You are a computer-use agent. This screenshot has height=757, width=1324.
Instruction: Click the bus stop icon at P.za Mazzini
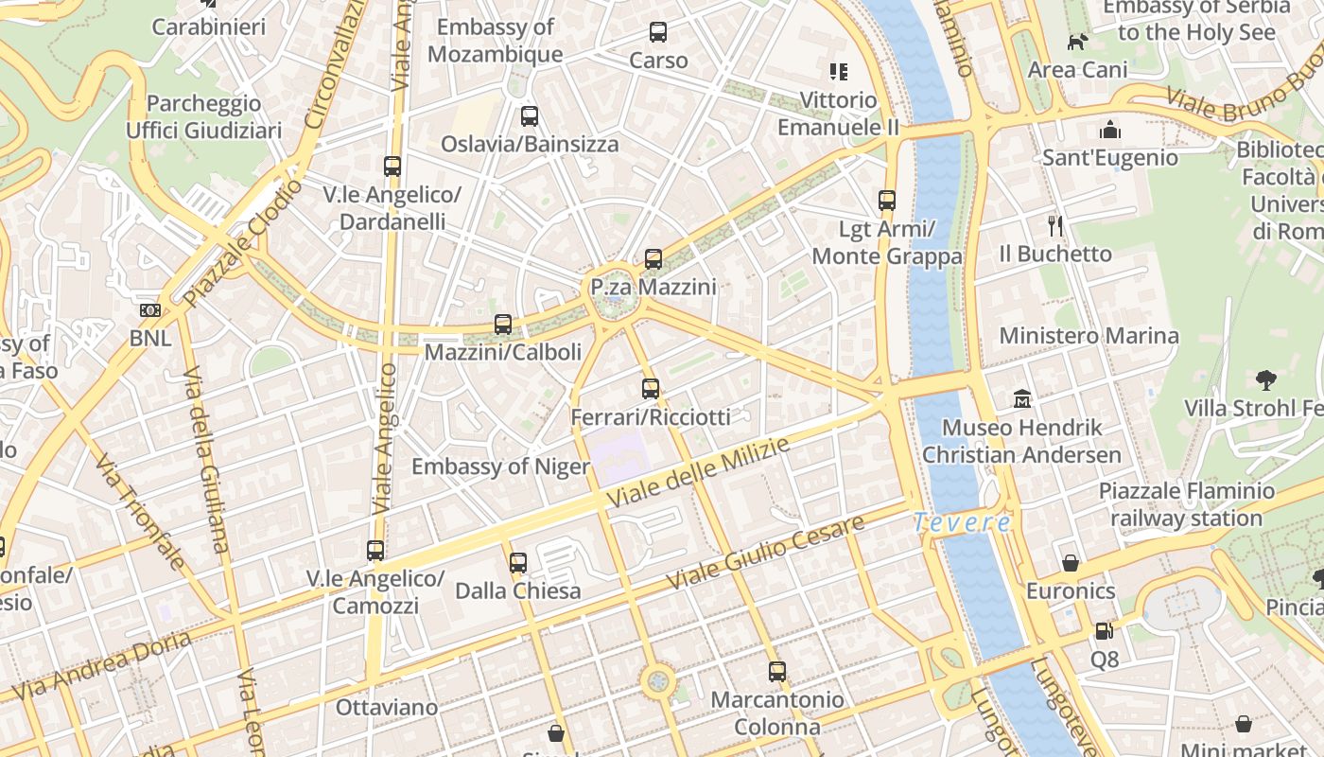coord(653,258)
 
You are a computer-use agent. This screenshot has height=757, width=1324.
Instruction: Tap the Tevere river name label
coord(962,522)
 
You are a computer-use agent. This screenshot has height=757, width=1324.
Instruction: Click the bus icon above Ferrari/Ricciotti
coord(651,388)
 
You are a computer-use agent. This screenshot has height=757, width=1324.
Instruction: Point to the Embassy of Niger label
coord(500,467)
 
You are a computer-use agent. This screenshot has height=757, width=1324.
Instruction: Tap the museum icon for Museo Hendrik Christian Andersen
coord(1022,399)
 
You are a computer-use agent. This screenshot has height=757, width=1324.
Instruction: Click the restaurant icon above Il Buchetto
coord(1055,225)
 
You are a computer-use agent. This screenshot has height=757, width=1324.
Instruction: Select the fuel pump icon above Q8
coord(1104,630)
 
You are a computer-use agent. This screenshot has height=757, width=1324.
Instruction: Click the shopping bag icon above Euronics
coord(1071,563)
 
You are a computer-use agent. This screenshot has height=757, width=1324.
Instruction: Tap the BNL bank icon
coord(150,310)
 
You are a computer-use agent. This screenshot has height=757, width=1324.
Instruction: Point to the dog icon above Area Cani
coord(1077,42)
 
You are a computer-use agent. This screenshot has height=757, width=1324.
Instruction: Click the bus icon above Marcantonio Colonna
coord(777,672)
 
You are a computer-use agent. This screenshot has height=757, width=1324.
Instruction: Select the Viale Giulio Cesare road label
coord(765,554)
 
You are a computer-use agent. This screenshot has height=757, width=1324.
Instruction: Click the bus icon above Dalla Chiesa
coord(517,563)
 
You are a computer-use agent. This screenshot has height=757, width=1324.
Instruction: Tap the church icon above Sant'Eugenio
coord(1110,129)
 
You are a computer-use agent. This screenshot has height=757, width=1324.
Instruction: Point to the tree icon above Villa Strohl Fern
coord(1266,380)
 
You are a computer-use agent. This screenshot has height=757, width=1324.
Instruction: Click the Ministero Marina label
coord(1089,336)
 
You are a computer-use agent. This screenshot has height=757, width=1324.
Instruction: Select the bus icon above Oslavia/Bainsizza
coord(530,116)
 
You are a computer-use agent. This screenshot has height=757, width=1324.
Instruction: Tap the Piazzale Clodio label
coord(244,244)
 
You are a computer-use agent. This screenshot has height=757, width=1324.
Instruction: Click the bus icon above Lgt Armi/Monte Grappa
coord(887,201)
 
